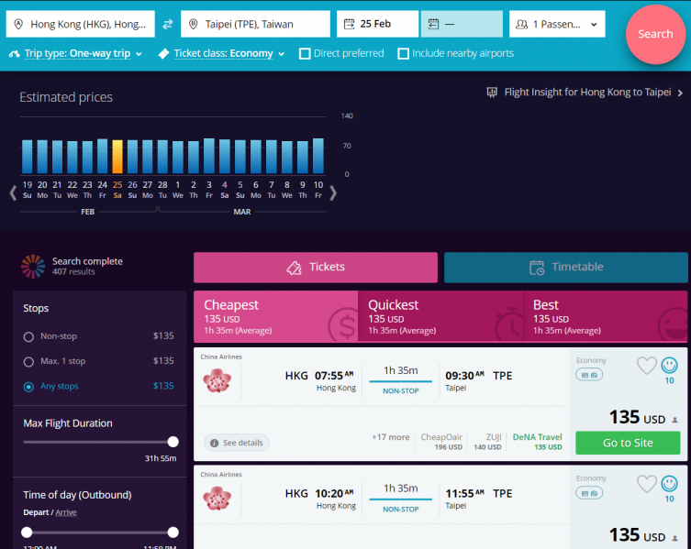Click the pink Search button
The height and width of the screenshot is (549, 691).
point(655,34)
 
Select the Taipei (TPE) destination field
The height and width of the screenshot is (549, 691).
point(255,24)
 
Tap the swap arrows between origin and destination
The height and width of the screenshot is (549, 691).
point(168,24)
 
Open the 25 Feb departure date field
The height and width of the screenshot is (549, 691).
point(377,24)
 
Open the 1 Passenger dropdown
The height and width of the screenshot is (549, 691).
point(557,24)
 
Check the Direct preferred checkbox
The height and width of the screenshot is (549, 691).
point(305,54)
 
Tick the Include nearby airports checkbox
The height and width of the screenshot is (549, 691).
point(403,54)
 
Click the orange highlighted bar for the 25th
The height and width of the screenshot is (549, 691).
point(117,156)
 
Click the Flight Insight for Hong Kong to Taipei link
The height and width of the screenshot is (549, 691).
point(585,93)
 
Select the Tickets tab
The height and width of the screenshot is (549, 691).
point(316,268)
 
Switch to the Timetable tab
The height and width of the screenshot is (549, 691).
point(565,268)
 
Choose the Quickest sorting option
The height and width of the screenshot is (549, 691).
point(439,316)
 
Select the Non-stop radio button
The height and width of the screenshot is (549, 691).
point(28,336)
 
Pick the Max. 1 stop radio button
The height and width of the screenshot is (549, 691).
point(28,361)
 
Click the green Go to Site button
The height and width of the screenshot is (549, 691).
point(628,443)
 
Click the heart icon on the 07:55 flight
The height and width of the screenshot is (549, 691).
point(646,366)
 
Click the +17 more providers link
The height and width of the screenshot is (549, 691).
point(390,437)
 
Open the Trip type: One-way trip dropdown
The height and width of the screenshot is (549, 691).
point(77,54)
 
